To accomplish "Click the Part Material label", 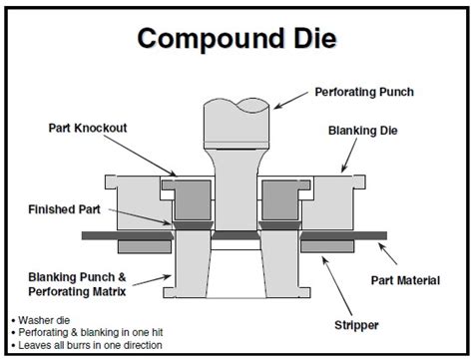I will coord(404,280).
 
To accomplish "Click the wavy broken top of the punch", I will coord(236,105).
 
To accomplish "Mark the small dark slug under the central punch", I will coord(236,235).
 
